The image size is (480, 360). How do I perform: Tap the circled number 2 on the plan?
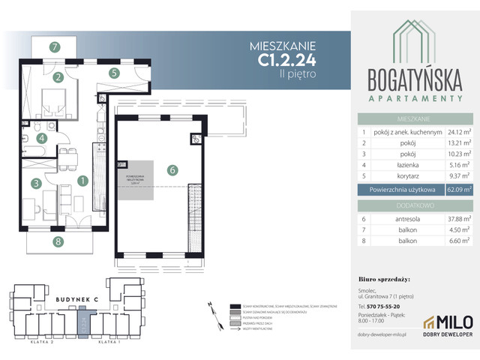click(58, 76)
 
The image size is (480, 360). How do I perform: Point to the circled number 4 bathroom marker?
click(43, 138)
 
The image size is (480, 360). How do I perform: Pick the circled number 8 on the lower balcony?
click(58, 241)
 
